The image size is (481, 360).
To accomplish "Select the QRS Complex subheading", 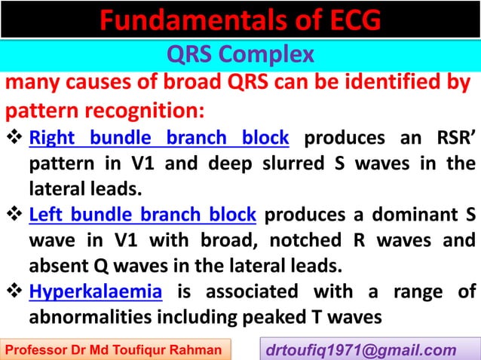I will click(x=240, y=56).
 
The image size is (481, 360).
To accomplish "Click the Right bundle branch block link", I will click(x=159, y=138).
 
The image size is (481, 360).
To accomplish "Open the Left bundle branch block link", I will click(x=142, y=215).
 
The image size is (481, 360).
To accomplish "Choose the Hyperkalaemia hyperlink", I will click(x=96, y=291).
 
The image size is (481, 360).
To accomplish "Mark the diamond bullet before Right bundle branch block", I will click(x=15, y=138).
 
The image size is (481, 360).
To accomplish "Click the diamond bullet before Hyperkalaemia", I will click(x=15, y=291).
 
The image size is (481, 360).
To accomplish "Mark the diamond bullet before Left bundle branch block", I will click(x=15, y=215).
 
